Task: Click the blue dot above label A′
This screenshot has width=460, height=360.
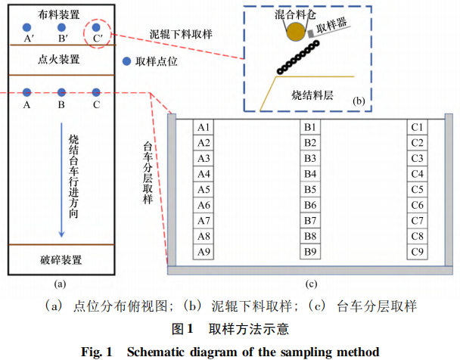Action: tap(27, 26)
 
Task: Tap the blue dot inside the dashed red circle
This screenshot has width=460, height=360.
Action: tap(96, 27)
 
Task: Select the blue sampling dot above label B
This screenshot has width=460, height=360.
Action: tap(61, 91)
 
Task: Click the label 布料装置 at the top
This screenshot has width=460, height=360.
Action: tap(61, 11)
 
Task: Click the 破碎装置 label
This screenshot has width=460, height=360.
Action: tap(61, 261)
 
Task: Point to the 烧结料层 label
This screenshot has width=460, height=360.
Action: tap(312, 96)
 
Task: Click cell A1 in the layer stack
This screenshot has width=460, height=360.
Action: tap(204, 127)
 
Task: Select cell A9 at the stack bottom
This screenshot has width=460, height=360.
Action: tap(204, 251)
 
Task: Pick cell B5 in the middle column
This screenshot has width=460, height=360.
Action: tap(310, 189)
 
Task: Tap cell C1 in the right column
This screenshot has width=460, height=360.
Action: tap(417, 127)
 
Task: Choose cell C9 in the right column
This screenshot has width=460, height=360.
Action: tap(417, 251)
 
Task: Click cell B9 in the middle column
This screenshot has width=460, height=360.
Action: tap(310, 251)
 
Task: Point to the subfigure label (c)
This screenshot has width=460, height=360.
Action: tap(310, 285)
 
